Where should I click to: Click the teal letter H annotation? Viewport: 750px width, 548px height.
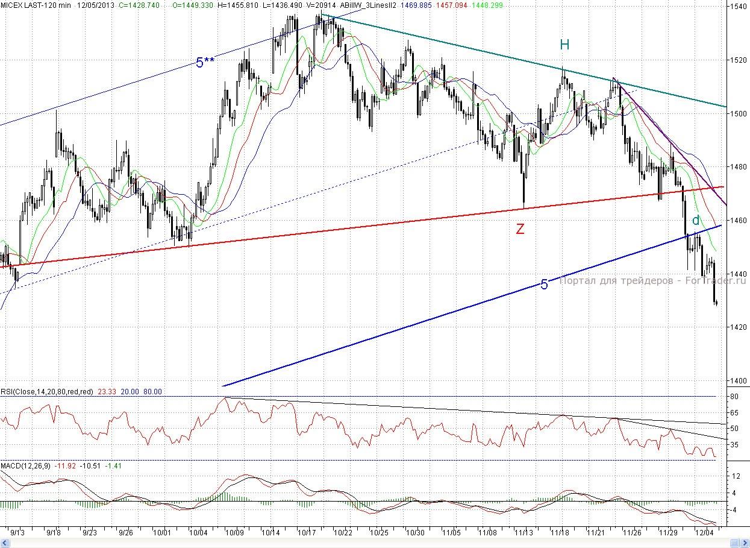pyautogui.click(x=564, y=45)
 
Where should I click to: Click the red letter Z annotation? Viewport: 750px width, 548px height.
pyautogui.click(x=520, y=229)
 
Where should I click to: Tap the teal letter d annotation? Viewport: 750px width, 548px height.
pyautogui.click(x=696, y=220)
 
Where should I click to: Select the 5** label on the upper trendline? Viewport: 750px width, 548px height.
pyautogui.click(x=205, y=62)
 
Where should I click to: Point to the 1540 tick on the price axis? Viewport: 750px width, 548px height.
pyautogui.click(x=739, y=7)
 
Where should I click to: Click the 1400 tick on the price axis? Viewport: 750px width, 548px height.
pyautogui.click(x=739, y=380)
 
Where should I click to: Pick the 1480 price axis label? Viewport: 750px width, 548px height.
pyautogui.click(x=739, y=167)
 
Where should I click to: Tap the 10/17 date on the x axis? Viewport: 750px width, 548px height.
pyautogui.click(x=307, y=533)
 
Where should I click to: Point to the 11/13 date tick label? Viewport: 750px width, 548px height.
pyautogui.click(x=524, y=533)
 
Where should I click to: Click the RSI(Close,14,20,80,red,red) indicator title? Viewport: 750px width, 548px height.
pyautogui.click(x=47, y=392)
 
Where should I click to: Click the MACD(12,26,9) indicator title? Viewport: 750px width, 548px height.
pyautogui.click(x=26, y=466)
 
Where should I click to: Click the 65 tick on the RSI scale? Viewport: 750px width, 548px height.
pyautogui.click(x=734, y=413)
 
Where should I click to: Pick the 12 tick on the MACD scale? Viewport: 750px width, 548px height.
pyautogui.click(x=734, y=476)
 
